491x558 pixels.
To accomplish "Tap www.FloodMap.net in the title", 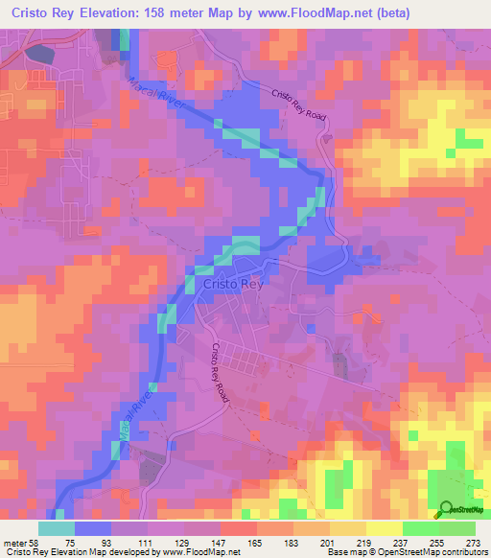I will click(350, 13).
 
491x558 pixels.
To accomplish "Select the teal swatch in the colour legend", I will click(57, 528).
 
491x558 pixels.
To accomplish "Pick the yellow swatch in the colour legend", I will click(385, 528).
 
